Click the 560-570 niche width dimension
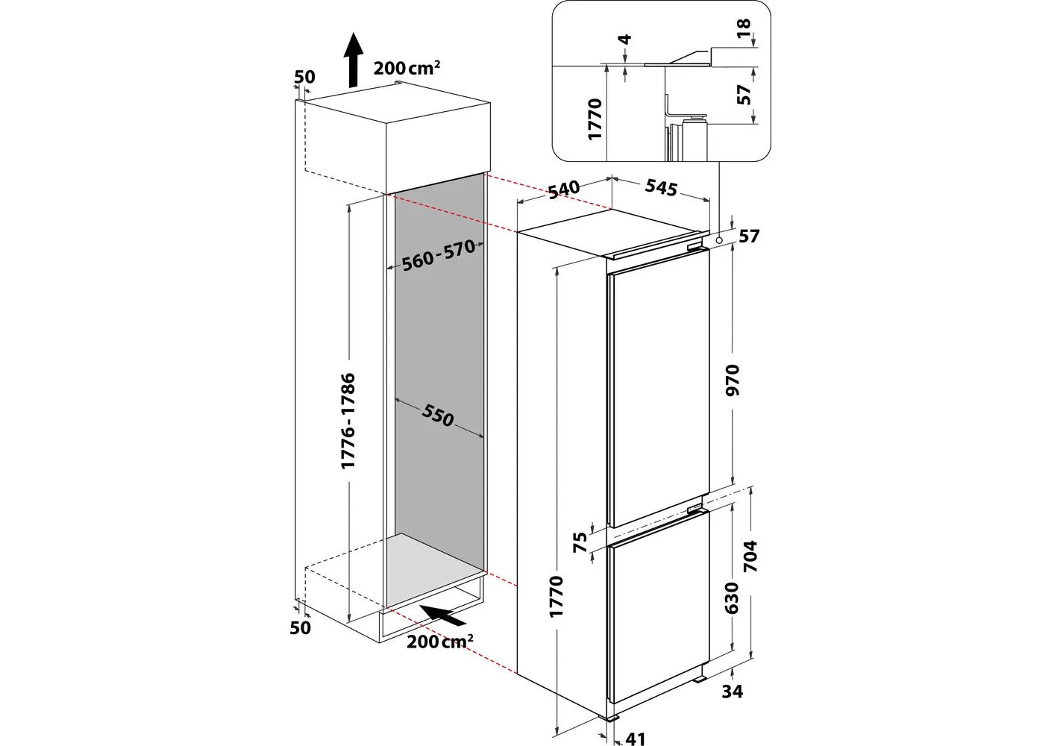coord(439,255)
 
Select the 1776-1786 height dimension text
coord(348,421)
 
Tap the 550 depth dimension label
coord(437,416)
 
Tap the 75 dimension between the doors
coord(580,542)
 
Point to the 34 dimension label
coord(733,692)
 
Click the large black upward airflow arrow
coord(352,60)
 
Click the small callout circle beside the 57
coord(718,240)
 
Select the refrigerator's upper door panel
coord(659,388)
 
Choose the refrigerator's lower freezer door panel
coord(659,619)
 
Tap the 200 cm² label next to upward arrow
coord(407,68)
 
